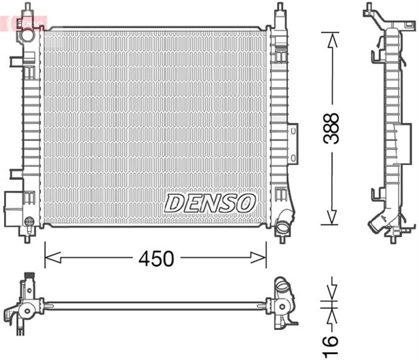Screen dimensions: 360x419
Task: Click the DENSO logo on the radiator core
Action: pos(209,204)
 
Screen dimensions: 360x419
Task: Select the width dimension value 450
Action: pos(155,259)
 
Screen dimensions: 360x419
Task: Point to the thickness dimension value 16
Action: pos(333,340)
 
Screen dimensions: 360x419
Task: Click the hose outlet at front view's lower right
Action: pos(283,225)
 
